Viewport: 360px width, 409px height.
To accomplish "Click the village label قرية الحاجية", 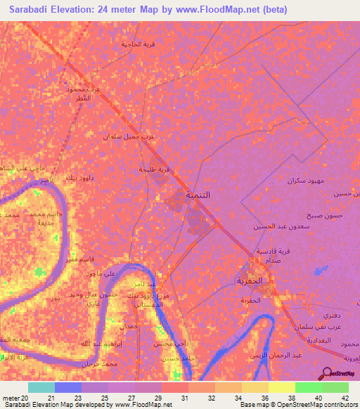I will pos(138,44).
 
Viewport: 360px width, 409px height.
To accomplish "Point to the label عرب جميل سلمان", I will pos(129,136).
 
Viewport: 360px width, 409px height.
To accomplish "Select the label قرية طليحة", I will pos(154,169).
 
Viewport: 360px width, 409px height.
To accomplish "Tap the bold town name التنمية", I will pos(198,194).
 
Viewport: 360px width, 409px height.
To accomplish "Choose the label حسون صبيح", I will pos(323,215).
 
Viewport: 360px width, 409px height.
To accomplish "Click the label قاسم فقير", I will pos(92,259).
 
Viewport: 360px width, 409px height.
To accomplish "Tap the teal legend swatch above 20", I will pos(41,387).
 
